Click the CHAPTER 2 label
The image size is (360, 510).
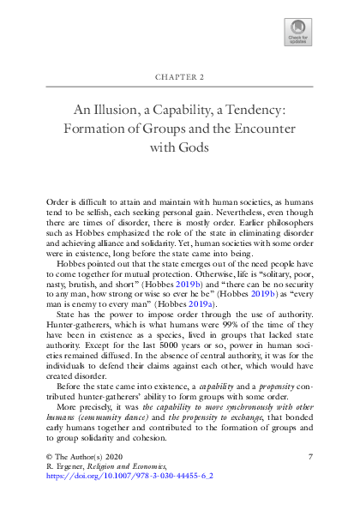[x=180, y=76]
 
